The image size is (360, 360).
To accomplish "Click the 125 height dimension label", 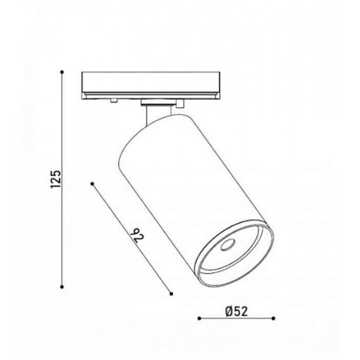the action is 56,179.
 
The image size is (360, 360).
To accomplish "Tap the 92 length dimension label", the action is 137,236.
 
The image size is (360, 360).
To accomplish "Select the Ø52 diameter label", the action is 237,312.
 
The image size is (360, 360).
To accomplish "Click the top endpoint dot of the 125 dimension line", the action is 62,72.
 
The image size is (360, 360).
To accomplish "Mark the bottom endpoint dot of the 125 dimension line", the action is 62,287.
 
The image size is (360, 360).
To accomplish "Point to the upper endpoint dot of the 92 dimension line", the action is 93,184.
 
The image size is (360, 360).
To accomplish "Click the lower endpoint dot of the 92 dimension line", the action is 171,294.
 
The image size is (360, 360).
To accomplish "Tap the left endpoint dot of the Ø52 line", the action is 200,318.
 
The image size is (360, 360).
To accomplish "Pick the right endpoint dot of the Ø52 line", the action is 273,318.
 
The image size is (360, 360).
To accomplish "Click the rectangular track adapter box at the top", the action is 151,86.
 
